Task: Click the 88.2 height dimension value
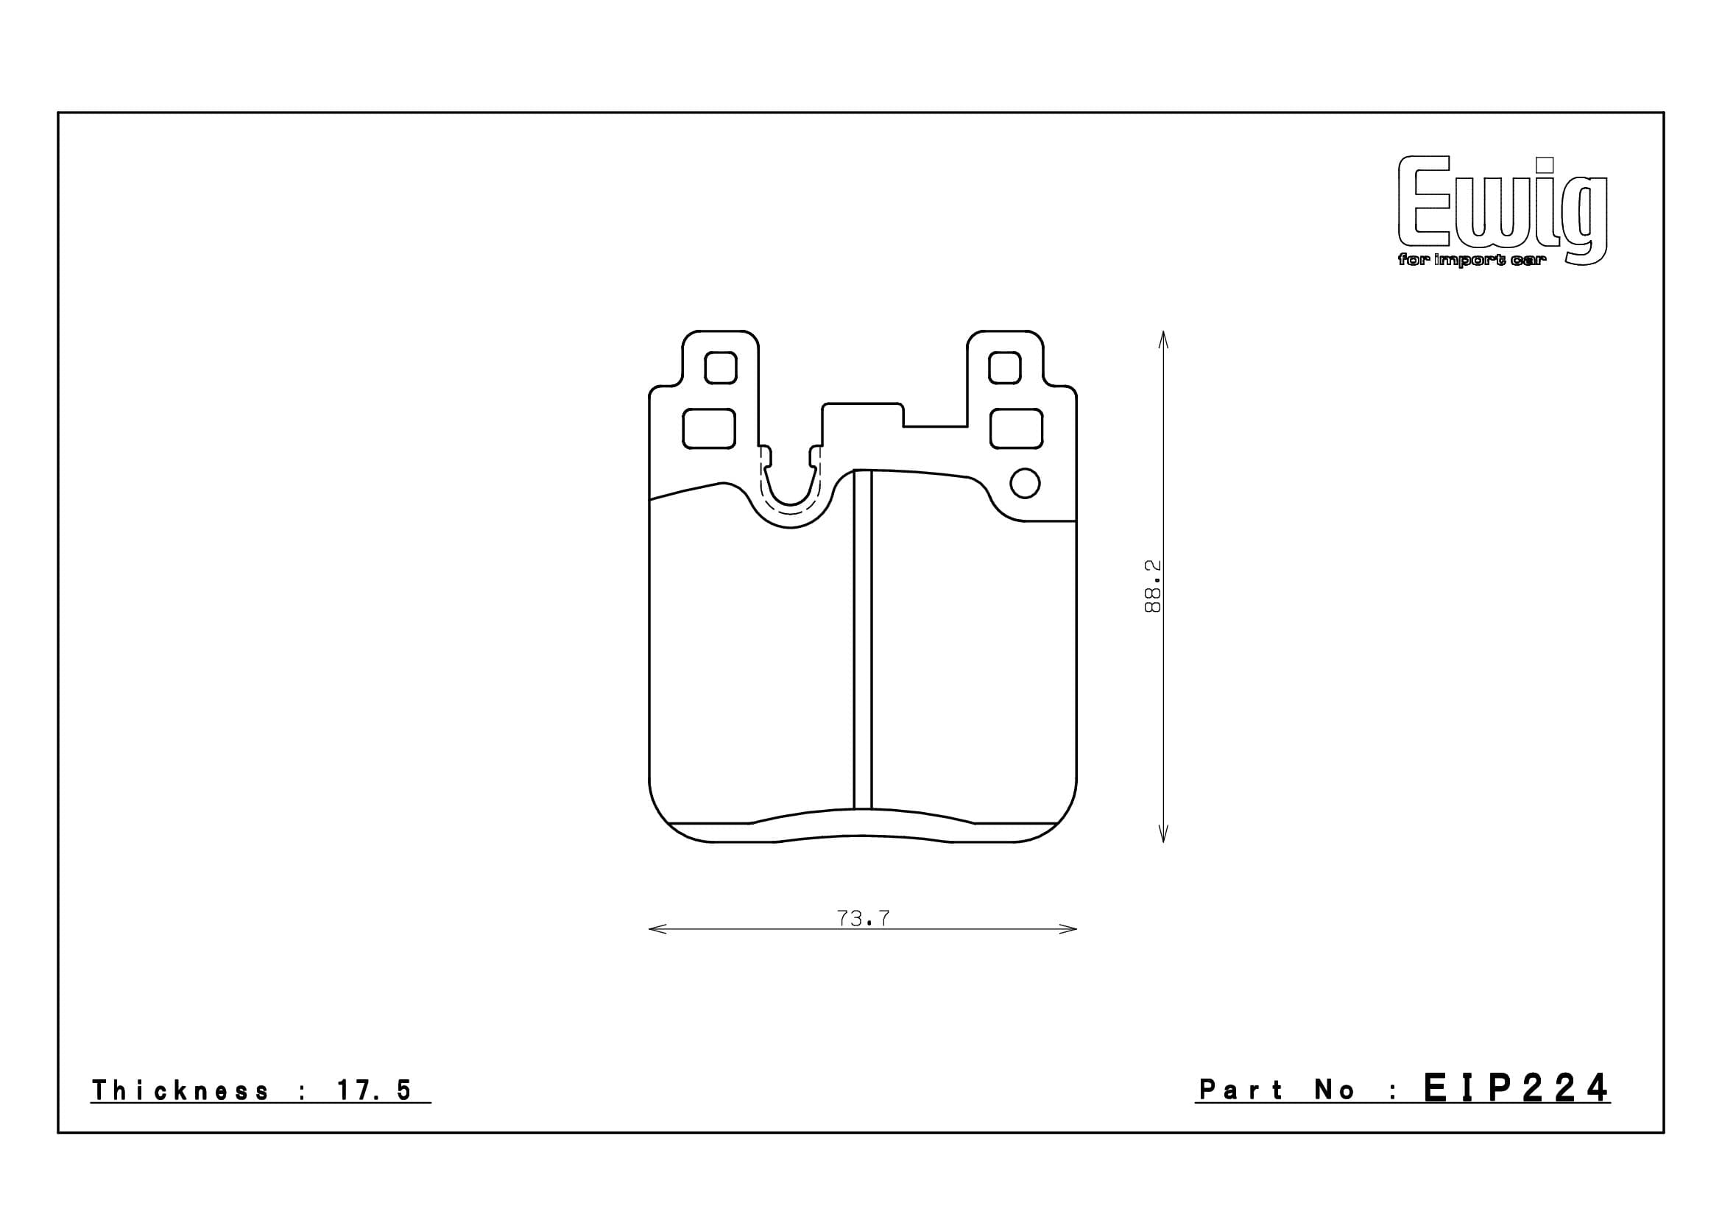click(1152, 585)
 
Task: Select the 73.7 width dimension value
click(863, 918)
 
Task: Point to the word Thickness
click(180, 1090)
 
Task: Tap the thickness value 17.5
click(374, 1090)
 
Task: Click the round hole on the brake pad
click(1025, 483)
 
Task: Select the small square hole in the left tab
click(721, 367)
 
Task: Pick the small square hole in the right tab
click(1004, 367)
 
